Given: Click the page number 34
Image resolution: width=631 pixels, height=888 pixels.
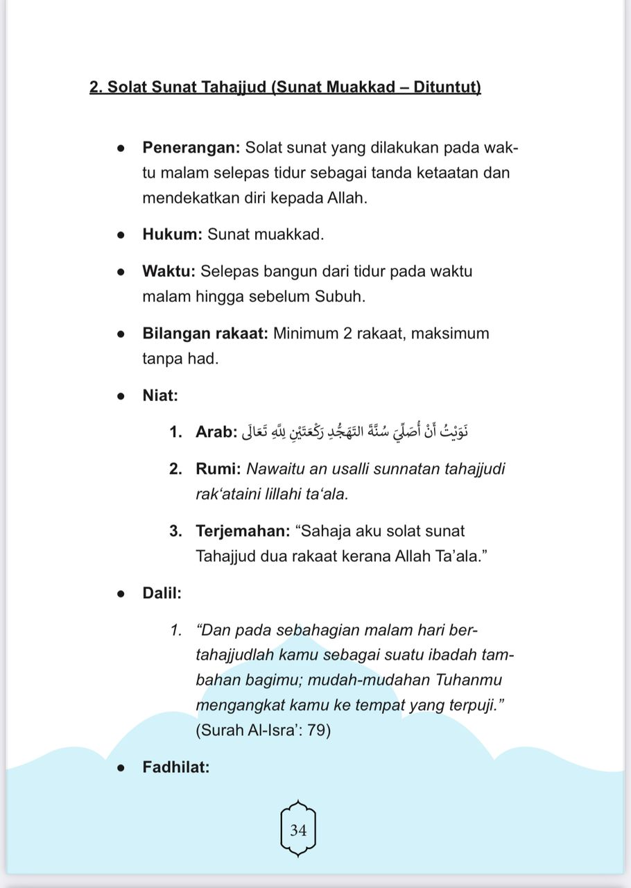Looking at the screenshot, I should pos(299,830).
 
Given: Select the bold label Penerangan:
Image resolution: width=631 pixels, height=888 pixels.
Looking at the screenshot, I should pos(191,148).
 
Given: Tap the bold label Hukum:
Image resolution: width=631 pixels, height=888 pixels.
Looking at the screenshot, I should pos(172,234).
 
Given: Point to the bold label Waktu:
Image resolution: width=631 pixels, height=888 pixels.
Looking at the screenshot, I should pos(169,271).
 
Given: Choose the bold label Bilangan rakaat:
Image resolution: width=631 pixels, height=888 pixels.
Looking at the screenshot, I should pos(205,333).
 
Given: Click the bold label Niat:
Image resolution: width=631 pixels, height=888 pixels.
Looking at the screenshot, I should pos(160,395).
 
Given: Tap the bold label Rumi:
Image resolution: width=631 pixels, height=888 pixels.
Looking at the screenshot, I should pos(218,469).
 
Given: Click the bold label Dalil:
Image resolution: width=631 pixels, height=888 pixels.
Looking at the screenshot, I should pos(162,593).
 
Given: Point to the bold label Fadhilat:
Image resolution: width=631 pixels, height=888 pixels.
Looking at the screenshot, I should pos(176,767).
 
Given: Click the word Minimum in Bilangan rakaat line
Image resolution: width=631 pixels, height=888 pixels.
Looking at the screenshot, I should pos(306,333).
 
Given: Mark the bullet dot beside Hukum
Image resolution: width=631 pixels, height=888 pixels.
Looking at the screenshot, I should pos(121,235).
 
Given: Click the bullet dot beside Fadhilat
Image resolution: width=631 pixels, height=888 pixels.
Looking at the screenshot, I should pos(121,768).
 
